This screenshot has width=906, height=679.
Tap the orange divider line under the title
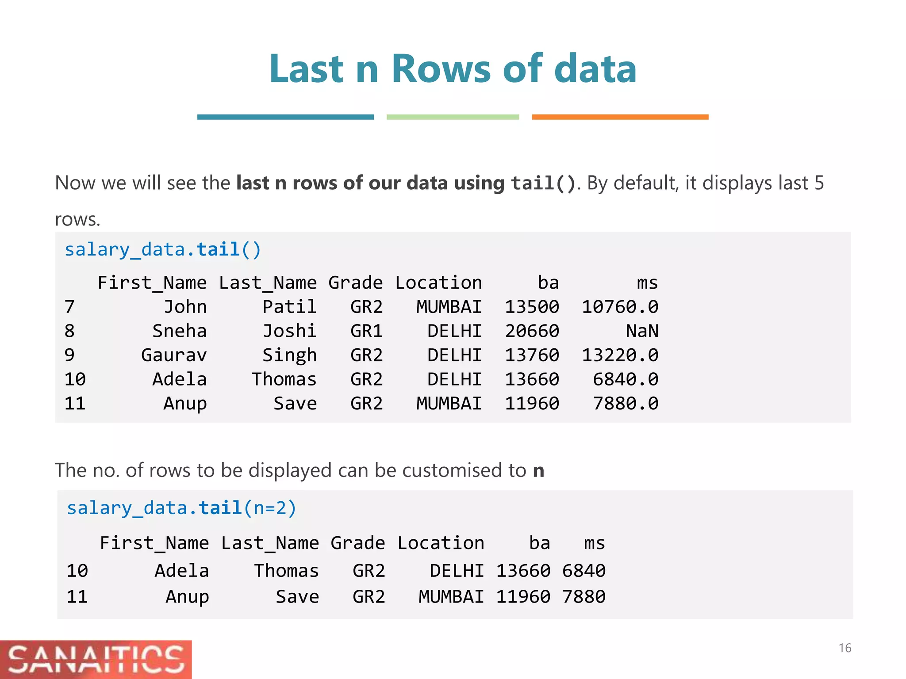pyautogui.click(x=620, y=117)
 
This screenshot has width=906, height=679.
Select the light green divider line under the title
pyautogui.click(x=453, y=117)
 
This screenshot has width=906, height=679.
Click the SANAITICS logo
pyautogui.click(x=96, y=659)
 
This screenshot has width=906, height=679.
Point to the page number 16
pyautogui.click(x=845, y=648)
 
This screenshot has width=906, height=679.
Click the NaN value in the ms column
pyautogui.click(x=642, y=331)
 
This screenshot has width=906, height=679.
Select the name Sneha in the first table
pyautogui.click(x=180, y=331)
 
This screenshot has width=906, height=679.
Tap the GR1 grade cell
pyautogui.click(x=366, y=331)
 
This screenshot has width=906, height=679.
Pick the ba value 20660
pyautogui.click(x=532, y=331)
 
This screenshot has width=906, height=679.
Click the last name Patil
pyautogui.click(x=289, y=307)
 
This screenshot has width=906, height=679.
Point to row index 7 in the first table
pyautogui.click(x=69, y=307)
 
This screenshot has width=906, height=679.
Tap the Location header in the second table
pyautogui.click(x=441, y=543)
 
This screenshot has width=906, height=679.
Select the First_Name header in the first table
pyautogui.click(x=152, y=283)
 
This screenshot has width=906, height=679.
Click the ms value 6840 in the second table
pyautogui.click(x=584, y=571)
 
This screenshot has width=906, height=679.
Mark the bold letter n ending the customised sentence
pyautogui.click(x=538, y=470)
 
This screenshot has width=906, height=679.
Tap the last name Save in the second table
pyautogui.click(x=297, y=597)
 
